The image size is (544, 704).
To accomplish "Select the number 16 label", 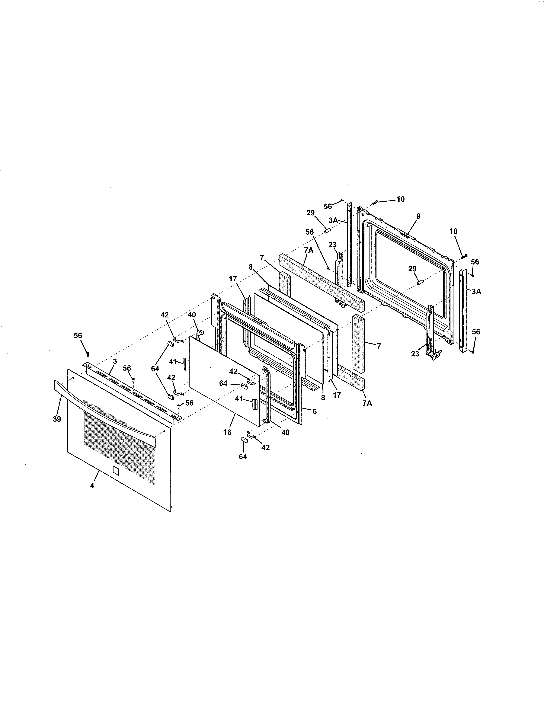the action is click(x=227, y=432).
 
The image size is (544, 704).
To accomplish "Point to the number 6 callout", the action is click(x=314, y=411).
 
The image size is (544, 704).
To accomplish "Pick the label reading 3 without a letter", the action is click(x=115, y=361).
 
